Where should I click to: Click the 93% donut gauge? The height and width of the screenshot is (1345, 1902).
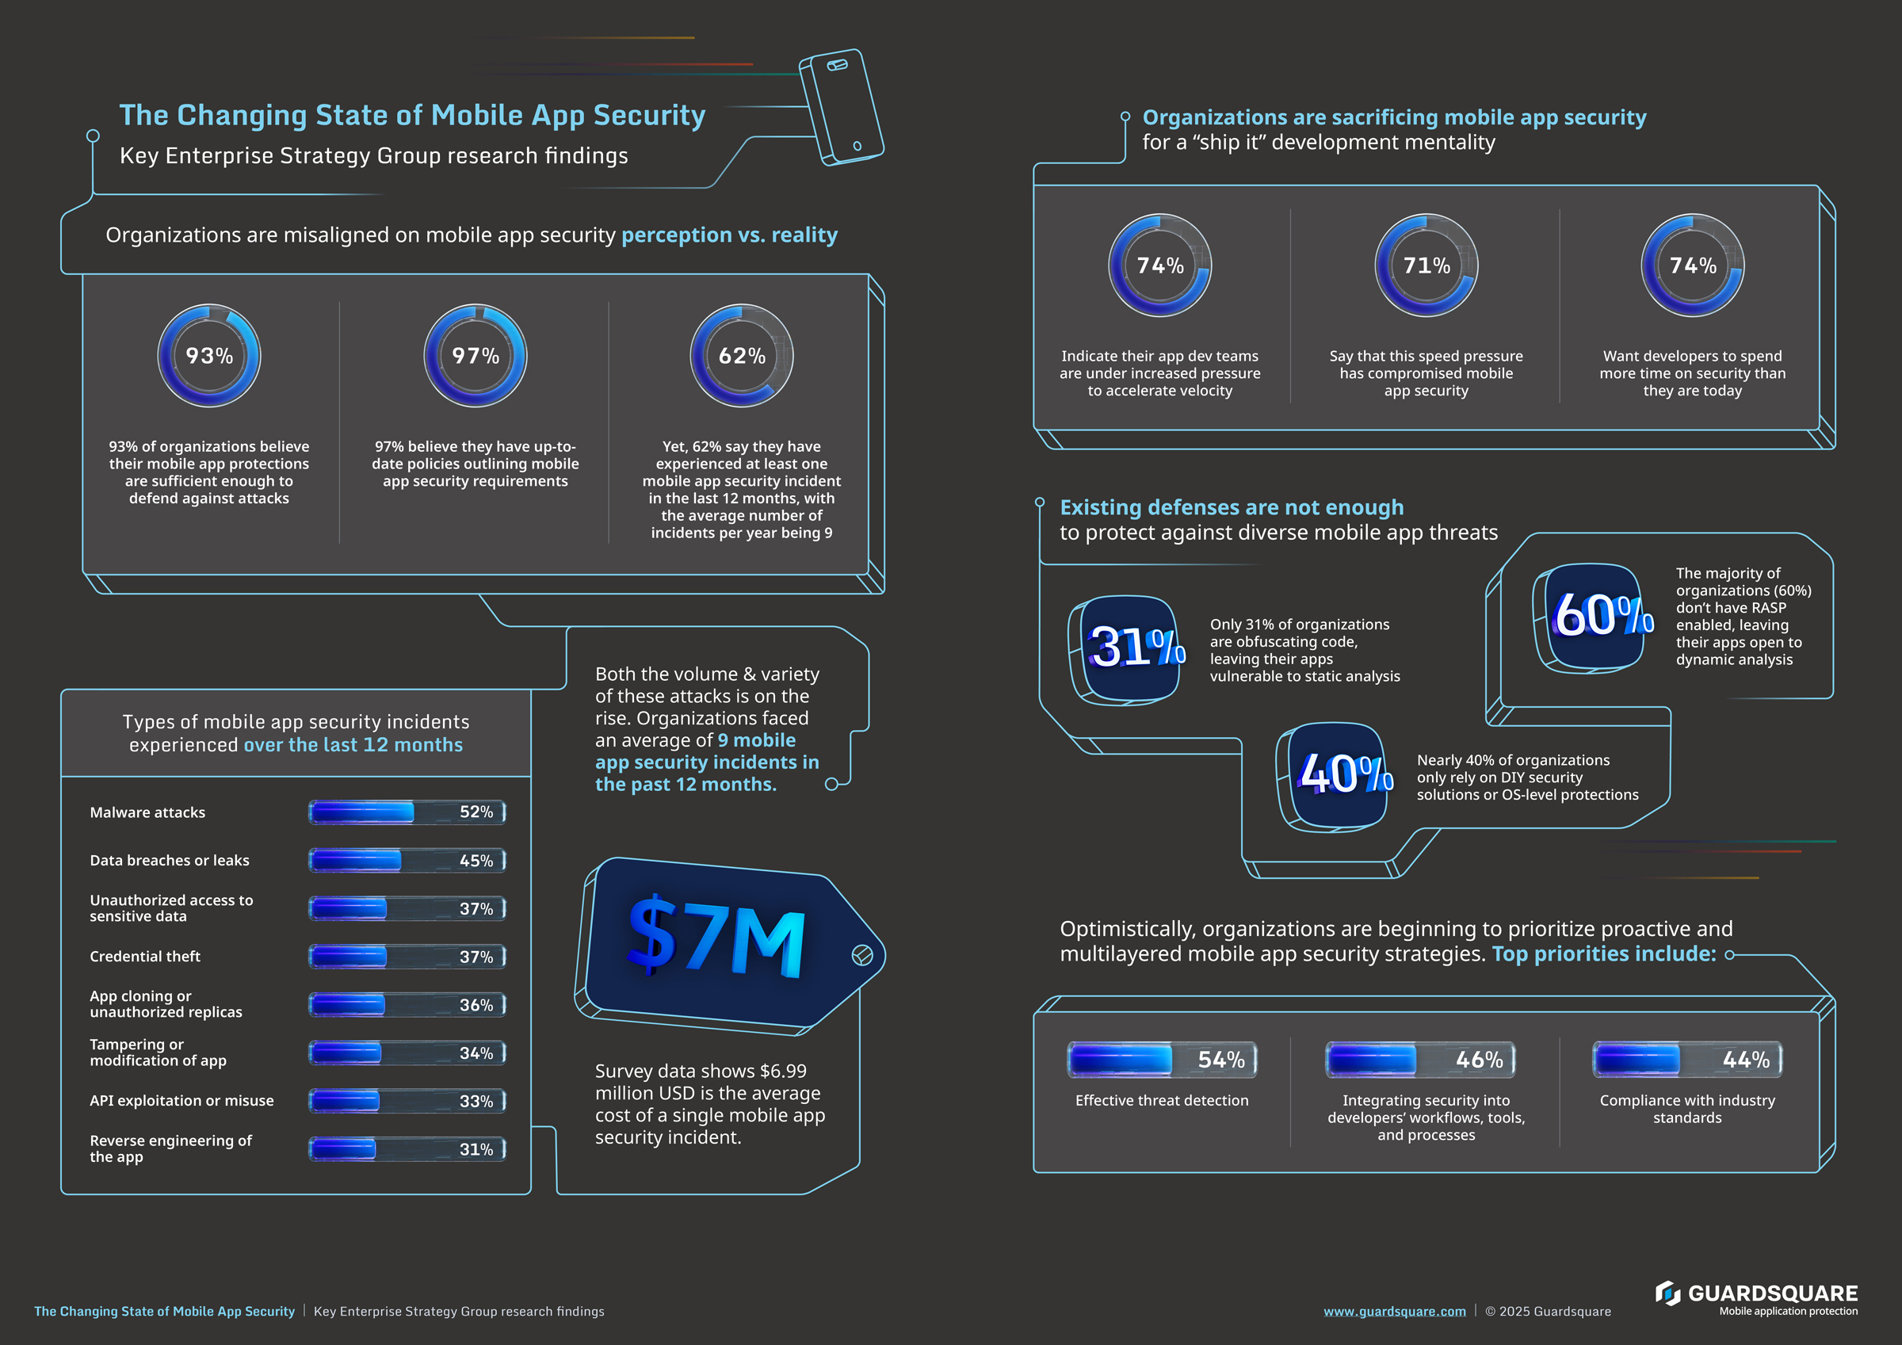pos(208,356)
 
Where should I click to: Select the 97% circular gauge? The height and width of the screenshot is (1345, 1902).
pos(475,356)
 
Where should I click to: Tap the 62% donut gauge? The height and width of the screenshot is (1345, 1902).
pos(742,356)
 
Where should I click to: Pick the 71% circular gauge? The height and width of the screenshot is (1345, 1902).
pos(1426,266)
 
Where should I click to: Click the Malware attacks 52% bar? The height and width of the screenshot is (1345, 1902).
pos(407,812)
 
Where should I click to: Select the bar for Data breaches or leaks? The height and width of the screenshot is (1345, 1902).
pos(407,860)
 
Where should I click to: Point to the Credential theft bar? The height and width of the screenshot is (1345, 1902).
pos(407,957)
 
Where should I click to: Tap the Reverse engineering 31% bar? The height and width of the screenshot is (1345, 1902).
pos(407,1149)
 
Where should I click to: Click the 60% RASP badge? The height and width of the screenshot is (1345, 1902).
pos(1595,616)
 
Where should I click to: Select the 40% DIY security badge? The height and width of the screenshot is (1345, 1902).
pos(1339,774)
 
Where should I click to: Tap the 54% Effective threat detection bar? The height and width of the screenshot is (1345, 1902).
pos(1162,1060)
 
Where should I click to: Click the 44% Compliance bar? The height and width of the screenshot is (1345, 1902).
pos(1686,1060)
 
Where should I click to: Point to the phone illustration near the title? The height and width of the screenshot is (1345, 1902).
pos(840,106)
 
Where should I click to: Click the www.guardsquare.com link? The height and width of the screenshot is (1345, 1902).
pos(1394,1311)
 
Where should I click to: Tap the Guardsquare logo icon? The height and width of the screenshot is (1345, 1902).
pos(1667,1293)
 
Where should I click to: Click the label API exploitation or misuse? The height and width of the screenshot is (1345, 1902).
pos(181,1101)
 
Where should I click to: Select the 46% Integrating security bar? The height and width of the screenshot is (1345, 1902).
pos(1420,1060)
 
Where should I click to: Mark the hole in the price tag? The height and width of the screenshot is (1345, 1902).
pos(861,956)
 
